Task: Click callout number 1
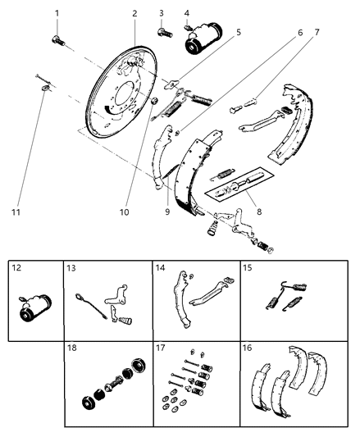[57, 13]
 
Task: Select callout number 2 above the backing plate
[134, 13]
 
